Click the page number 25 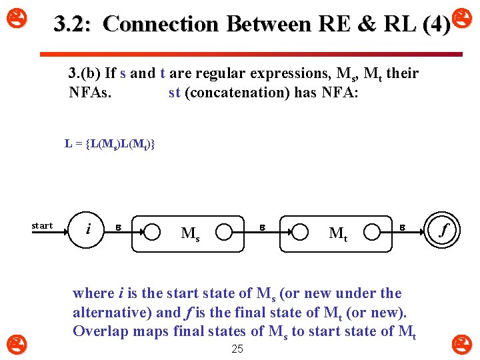point(237,349)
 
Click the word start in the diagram point(42,225)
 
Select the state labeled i point(89,231)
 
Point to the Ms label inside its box point(189,234)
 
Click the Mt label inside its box point(338,234)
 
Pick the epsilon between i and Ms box point(119,227)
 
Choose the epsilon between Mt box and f point(402,227)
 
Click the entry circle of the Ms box point(153,232)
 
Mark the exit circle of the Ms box point(224,232)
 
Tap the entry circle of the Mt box point(301,232)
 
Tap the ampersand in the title point(365,25)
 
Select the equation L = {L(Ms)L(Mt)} point(109,143)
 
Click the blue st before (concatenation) point(175,92)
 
